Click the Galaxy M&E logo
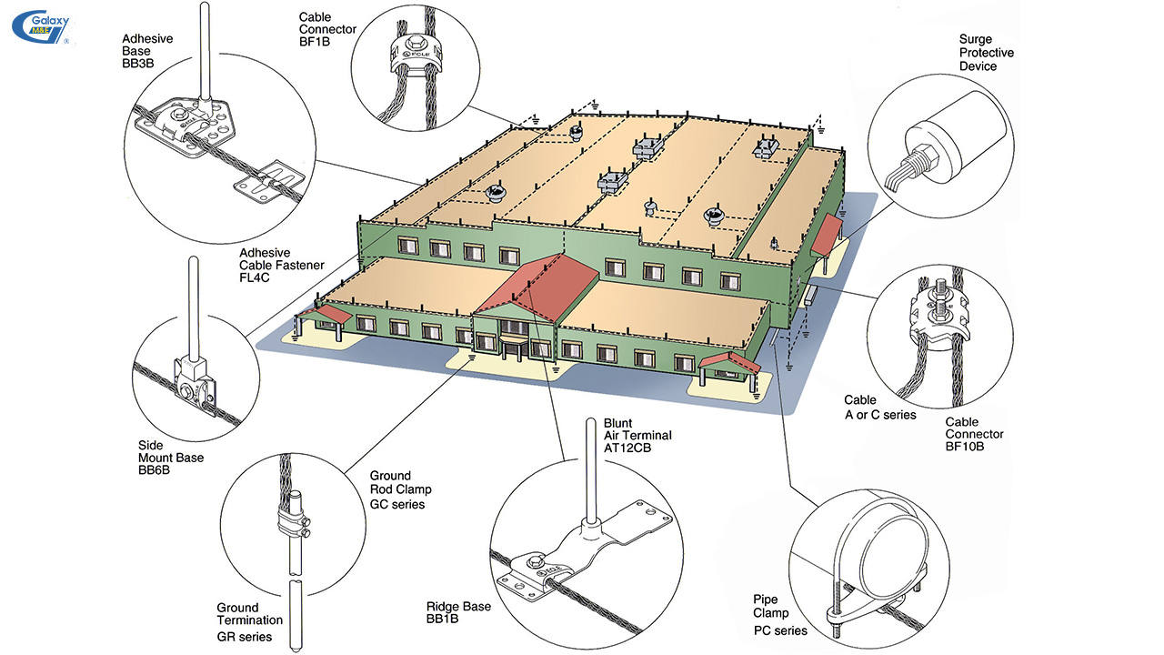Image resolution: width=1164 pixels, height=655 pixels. (x=42, y=27)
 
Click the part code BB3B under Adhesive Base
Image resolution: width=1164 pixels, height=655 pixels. (x=137, y=64)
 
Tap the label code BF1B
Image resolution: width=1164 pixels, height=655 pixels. (x=315, y=42)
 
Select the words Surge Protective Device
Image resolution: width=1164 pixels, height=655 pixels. (x=987, y=53)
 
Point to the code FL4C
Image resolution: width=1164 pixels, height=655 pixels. (x=254, y=277)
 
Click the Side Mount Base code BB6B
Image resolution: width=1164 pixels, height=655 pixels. (x=154, y=470)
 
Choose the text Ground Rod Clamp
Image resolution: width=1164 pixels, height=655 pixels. (x=400, y=482)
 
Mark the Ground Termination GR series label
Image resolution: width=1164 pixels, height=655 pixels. (x=249, y=621)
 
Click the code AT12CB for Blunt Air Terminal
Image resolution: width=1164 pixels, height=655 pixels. (x=627, y=448)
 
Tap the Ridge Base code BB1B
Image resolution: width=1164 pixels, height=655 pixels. (x=442, y=619)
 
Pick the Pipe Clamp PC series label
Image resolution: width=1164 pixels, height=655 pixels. (x=780, y=615)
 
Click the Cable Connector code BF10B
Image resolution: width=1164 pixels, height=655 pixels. (x=965, y=446)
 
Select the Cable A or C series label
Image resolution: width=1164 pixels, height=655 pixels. (x=879, y=407)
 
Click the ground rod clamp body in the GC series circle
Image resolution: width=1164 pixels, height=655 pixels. (x=293, y=525)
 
